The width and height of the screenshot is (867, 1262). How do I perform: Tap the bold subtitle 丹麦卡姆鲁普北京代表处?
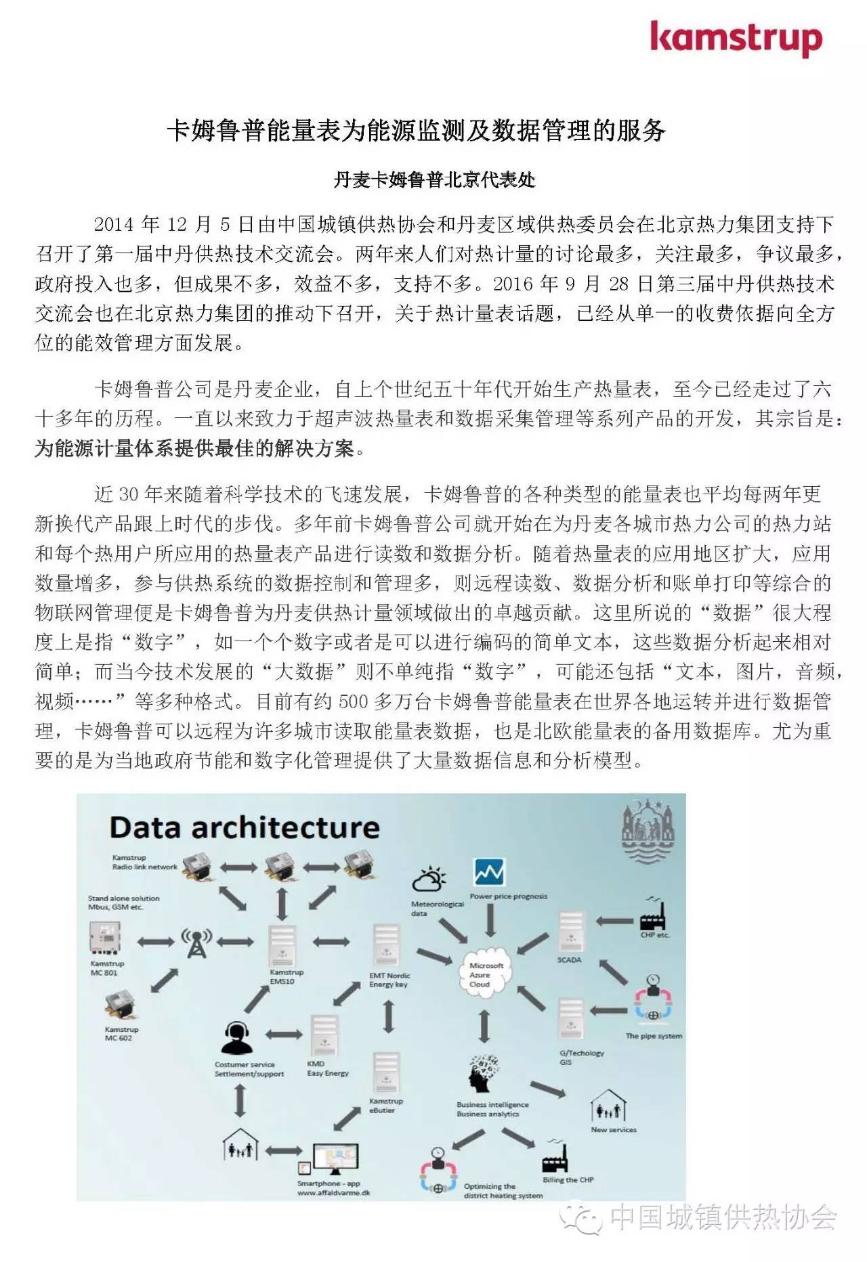coord(434,179)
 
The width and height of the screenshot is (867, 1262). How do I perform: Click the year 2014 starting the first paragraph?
coord(114,224)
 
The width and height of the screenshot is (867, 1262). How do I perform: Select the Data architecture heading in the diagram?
coord(245,827)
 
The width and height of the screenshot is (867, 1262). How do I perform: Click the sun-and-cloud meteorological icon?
coord(429,879)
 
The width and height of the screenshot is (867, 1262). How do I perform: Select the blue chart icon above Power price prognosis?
coord(489,873)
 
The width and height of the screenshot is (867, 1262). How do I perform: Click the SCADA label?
coord(569,960)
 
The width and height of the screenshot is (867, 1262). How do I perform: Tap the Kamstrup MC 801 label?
coord(106,968)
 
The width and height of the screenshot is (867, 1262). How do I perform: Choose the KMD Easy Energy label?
coord(327,1068)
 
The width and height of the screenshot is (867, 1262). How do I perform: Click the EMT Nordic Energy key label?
coord(389,980)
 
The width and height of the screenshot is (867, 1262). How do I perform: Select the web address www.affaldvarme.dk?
coord(333,1193)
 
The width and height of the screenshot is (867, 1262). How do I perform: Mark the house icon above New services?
coord(608,1106)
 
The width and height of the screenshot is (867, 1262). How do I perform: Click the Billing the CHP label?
coord(568,1179)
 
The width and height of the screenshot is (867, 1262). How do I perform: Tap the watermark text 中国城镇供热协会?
coord(723,1217)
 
